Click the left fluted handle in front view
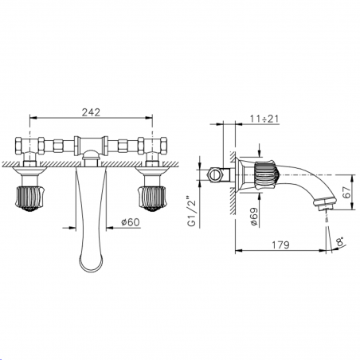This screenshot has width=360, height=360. (29, 196)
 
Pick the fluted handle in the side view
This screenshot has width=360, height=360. (264, 172)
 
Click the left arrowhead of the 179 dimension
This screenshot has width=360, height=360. (239, 250)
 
